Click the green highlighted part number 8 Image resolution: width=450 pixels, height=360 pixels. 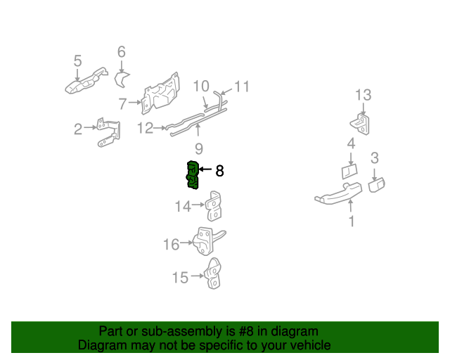coord(193,175)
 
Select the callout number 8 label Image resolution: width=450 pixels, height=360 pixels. coord(219,171)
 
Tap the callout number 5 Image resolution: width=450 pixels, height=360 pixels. coord(77,61)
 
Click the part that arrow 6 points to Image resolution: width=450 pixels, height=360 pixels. coord(122,80)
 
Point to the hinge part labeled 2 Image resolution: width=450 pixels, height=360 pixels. coord(108,132)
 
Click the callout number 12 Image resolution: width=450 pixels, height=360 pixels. coord(146,128)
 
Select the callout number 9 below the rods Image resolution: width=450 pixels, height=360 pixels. coord(199,148)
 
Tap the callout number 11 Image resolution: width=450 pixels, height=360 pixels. coord(242,86)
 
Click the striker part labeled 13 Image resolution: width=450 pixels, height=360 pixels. coord(360,124)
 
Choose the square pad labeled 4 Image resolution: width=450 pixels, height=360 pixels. coord(349,172)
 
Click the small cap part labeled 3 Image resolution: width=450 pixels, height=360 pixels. coord(377,185)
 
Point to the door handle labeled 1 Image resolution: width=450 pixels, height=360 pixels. coord(338,194)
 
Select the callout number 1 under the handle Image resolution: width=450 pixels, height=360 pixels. coord(352,221)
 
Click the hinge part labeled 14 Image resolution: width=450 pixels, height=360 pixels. coord(214,206)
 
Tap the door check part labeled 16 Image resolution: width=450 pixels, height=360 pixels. coord(207,241)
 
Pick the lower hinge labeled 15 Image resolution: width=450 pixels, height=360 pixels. coord(213,274)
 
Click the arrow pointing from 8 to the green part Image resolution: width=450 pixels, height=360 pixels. coord(205,169)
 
